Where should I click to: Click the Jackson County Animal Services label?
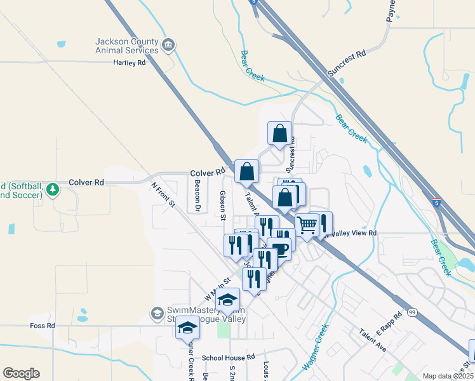click(126, 46)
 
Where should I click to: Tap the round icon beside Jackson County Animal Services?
click(169, 44)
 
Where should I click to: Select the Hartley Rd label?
click(130, 63)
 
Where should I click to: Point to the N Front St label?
click(163, 195)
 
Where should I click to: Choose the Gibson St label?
click(223, 204)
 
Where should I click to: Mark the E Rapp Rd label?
click(389, 324)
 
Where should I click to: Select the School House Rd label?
click(228, 358)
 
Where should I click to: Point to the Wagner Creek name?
click(316, 347)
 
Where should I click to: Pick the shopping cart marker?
click(307, 224)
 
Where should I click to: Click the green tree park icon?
click(53, 189)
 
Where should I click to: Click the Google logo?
click(21, 373)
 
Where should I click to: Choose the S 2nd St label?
click(232, 372)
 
